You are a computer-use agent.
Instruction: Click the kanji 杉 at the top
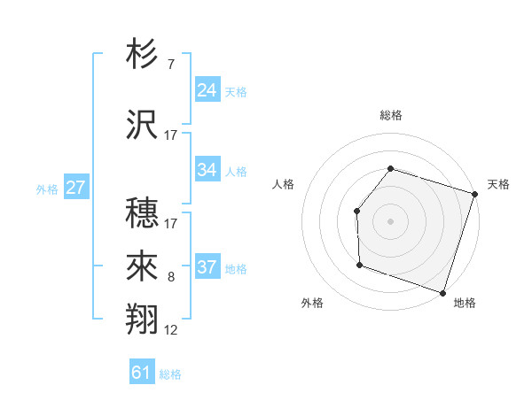pos(143,55)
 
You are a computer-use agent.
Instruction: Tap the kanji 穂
pos(143,212)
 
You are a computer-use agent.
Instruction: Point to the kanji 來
pos(143,266)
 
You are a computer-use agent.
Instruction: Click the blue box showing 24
pos(207,90)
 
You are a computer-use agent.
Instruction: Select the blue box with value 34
pos(207,170)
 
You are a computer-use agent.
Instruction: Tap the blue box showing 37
pos(207,267)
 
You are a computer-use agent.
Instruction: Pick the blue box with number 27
pos(76,188)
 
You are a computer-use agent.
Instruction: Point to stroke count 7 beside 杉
pos(170,65)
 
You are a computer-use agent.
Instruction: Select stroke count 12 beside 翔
pos(171,330)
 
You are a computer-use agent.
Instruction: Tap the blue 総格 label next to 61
pos(170,374)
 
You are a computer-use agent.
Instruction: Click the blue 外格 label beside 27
pos(46,189)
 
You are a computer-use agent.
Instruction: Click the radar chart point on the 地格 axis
pos(442,292)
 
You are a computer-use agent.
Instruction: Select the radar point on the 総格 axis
pos(390,168)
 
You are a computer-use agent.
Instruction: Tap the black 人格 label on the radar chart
pos(283,184)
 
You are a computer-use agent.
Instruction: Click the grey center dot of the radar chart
pos(390,220)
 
